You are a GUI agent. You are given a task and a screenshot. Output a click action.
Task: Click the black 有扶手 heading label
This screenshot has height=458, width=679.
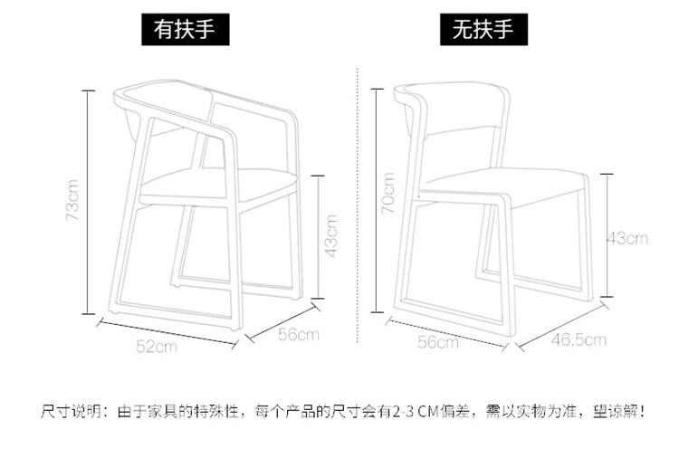click(x=184, y=30)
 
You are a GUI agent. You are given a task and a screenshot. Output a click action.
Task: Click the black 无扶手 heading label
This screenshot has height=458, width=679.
click(x=483, y=30)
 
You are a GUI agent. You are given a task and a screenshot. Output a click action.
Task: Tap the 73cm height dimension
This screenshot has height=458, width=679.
click(x=73, y=201)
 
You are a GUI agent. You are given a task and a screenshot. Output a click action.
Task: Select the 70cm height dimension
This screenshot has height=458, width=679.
click(x=387, y=193)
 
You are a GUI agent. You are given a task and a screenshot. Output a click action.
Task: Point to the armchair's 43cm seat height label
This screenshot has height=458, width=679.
click(x=331, y=235)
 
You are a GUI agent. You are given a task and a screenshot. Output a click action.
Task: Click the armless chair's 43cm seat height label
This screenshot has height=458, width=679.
click(x=627, y=239)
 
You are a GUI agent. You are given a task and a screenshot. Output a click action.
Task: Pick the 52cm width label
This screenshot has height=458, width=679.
click(x=156, y=346)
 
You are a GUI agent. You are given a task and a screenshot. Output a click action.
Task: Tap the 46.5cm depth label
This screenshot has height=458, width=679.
click(x=579, y=339)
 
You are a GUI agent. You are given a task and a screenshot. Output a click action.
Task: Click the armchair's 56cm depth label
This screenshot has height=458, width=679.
click(x=299, y=336)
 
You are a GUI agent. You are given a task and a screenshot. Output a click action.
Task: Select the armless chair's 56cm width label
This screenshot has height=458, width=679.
click(x=437, y=341)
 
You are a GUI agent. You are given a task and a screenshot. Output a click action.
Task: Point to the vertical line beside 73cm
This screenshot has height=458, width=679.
click(x=89, y=201)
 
